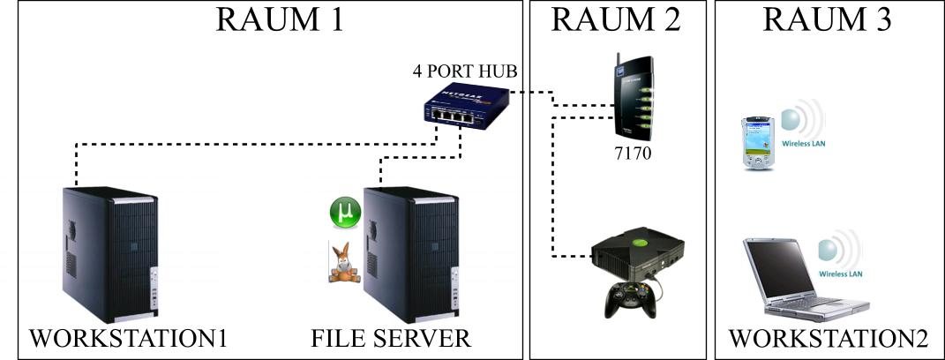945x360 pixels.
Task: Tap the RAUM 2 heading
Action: [616, 19]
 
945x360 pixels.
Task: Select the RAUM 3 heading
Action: [826, 19]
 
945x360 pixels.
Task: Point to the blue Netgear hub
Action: [466, 107]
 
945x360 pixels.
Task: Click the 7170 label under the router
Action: [634, 152]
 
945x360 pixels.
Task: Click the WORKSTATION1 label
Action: [129, 338]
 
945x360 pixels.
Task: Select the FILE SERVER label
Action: [391, 338]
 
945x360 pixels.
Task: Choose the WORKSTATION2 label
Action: [828, 338]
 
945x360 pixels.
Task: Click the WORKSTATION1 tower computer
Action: [109, 254]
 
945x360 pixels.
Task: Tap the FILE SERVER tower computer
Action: [401, 254]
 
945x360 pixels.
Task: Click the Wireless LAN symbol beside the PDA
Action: [801, 124]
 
